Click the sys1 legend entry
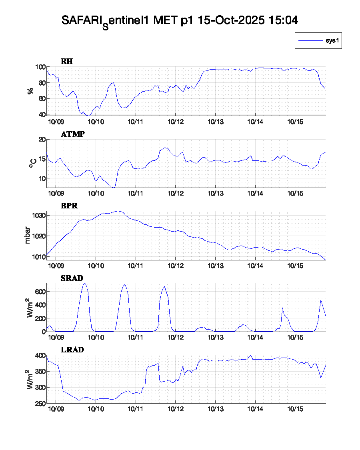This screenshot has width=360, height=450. click(318, 41)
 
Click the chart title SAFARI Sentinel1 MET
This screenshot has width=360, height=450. click(180, 21)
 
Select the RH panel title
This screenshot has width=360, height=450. click(67, 61)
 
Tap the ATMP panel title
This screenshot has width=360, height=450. click(73, 134)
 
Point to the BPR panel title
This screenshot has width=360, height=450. click(69, 206)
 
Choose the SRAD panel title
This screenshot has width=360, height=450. click(72, 278)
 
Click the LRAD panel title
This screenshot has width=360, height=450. click(72, 350)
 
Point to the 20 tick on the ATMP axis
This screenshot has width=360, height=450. click(40, 140)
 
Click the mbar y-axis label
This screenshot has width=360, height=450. click(28, 236)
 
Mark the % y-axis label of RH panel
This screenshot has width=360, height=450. click(30, 91)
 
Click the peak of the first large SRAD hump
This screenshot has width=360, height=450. click(84, 284)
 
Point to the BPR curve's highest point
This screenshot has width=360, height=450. click(118, 211)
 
